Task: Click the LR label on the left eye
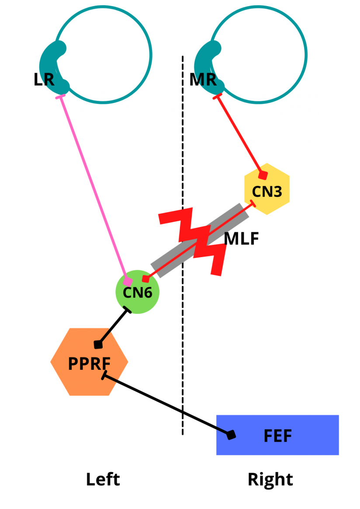click(x=44, y=79)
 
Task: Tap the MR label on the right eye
click(x=203, y=79)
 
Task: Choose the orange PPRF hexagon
click(x=89, y=362)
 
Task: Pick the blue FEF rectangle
click(x=278, y=435)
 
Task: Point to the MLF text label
click(x=242, y=239)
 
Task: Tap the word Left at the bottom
click(x=103, y=479)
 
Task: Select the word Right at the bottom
click(x=270, y=479)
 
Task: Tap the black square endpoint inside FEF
click(x=231, y=434)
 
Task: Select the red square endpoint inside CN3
click(x=263, y=175)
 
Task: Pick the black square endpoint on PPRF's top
click(x=99, y=344)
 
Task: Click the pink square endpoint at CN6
click(x=128, y=282)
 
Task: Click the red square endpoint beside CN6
click(x=146, y=278)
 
